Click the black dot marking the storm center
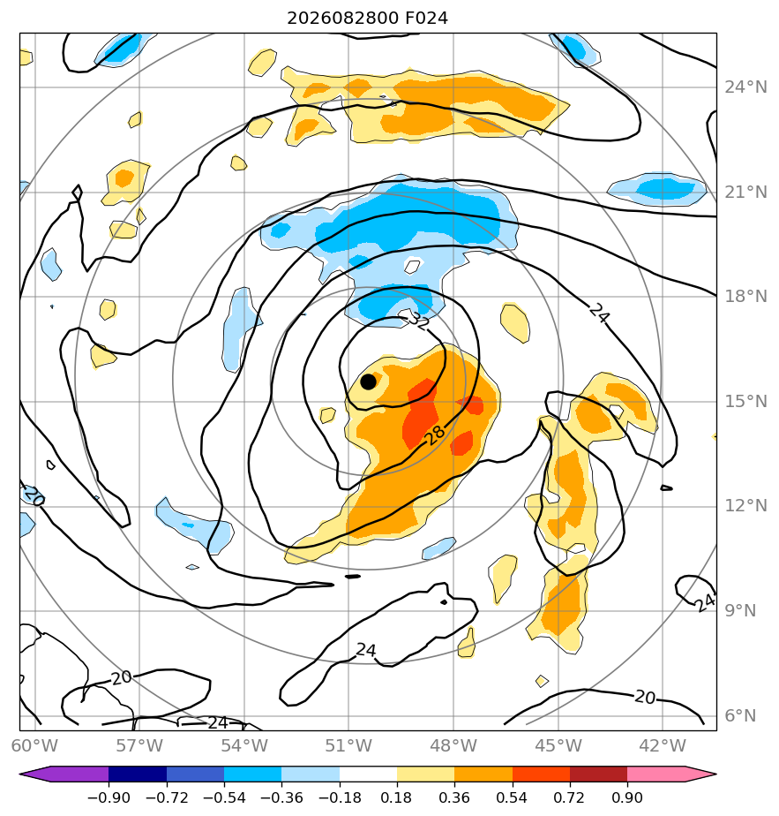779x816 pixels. click(368, 382)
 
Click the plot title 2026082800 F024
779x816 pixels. click(367, 19)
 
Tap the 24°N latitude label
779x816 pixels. click(745, 87)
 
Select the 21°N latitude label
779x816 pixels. click(745, 192)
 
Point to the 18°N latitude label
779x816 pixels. click(745, 296)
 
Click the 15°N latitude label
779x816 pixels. click(745, 401)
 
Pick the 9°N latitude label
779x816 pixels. click(740, 610)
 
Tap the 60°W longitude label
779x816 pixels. click(34, 745)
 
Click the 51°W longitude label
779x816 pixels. click(348, 745)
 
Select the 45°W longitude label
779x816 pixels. click(558, 745)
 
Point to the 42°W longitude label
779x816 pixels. click(663, 745)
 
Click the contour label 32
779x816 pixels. click(418, 320)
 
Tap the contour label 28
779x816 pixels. click(435, 434)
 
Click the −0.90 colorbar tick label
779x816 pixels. click(109, 797)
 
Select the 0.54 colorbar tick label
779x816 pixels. click(512, 797)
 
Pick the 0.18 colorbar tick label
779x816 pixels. click(396, 797)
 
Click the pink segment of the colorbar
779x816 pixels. click(656, 774)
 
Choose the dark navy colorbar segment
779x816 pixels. click(138, 774)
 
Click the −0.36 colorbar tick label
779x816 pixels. click(281, 797)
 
